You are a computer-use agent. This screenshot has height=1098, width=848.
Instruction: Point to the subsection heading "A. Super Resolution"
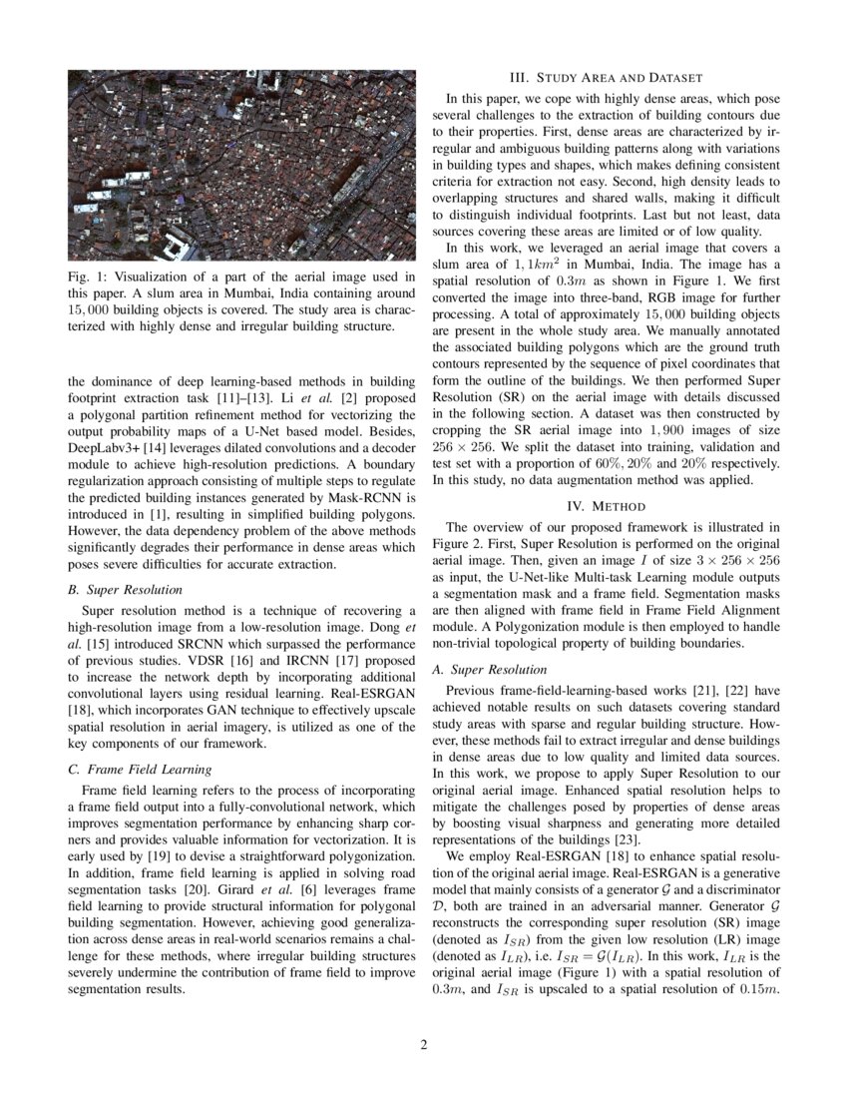pyautogui.click(x=490, y=669)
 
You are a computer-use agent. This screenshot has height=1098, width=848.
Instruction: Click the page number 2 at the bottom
pyautogui.click(x=423, y=1045)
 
